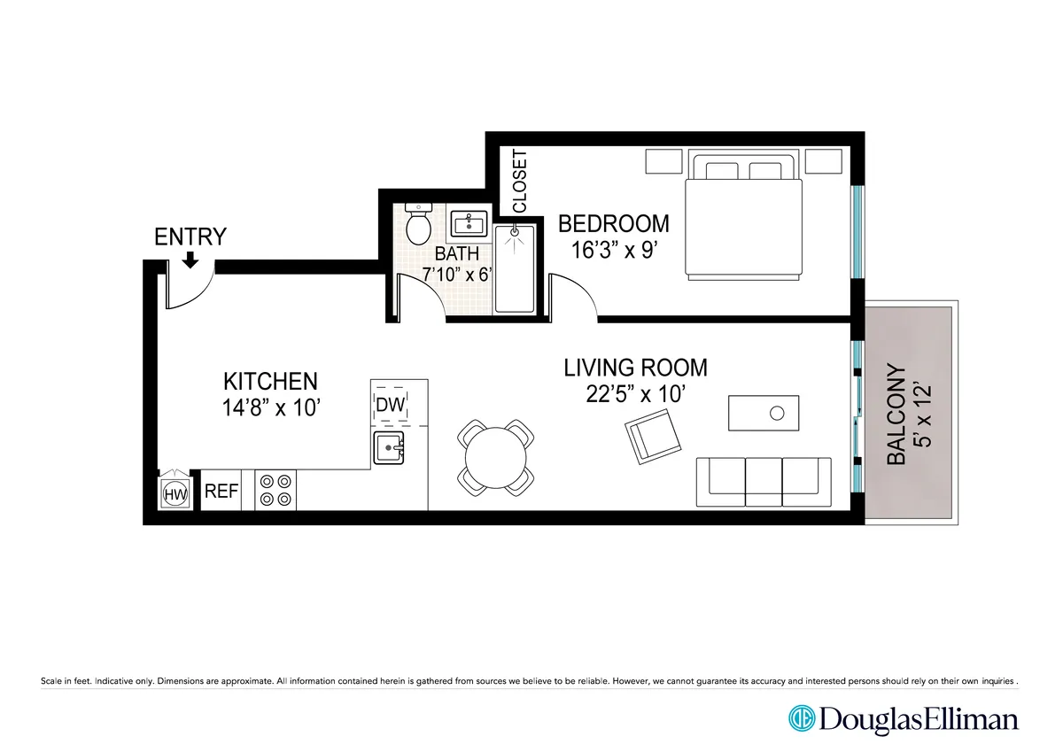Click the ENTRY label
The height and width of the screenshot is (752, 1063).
coord(190,236)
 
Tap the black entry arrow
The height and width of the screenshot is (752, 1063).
coord(190,260)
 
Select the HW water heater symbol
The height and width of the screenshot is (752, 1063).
coord(176,494)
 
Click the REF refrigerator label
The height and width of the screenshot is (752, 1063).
coord(221,492)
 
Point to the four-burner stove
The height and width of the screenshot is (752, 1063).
coord(275,490)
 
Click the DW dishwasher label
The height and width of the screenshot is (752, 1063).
coord(391,405)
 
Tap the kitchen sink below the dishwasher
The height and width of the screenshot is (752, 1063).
coord(389,448)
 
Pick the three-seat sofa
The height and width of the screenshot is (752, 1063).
coord(764,481)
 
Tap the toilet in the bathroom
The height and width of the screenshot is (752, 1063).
coord(417,224)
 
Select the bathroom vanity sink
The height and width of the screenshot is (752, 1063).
coord(468,222)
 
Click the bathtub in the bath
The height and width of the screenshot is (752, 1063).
coord(514,268)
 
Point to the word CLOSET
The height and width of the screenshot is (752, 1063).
coord(519,182)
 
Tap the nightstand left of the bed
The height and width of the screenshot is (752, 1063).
coord(663,162)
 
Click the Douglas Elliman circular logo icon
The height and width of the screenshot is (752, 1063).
coord(802,717)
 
